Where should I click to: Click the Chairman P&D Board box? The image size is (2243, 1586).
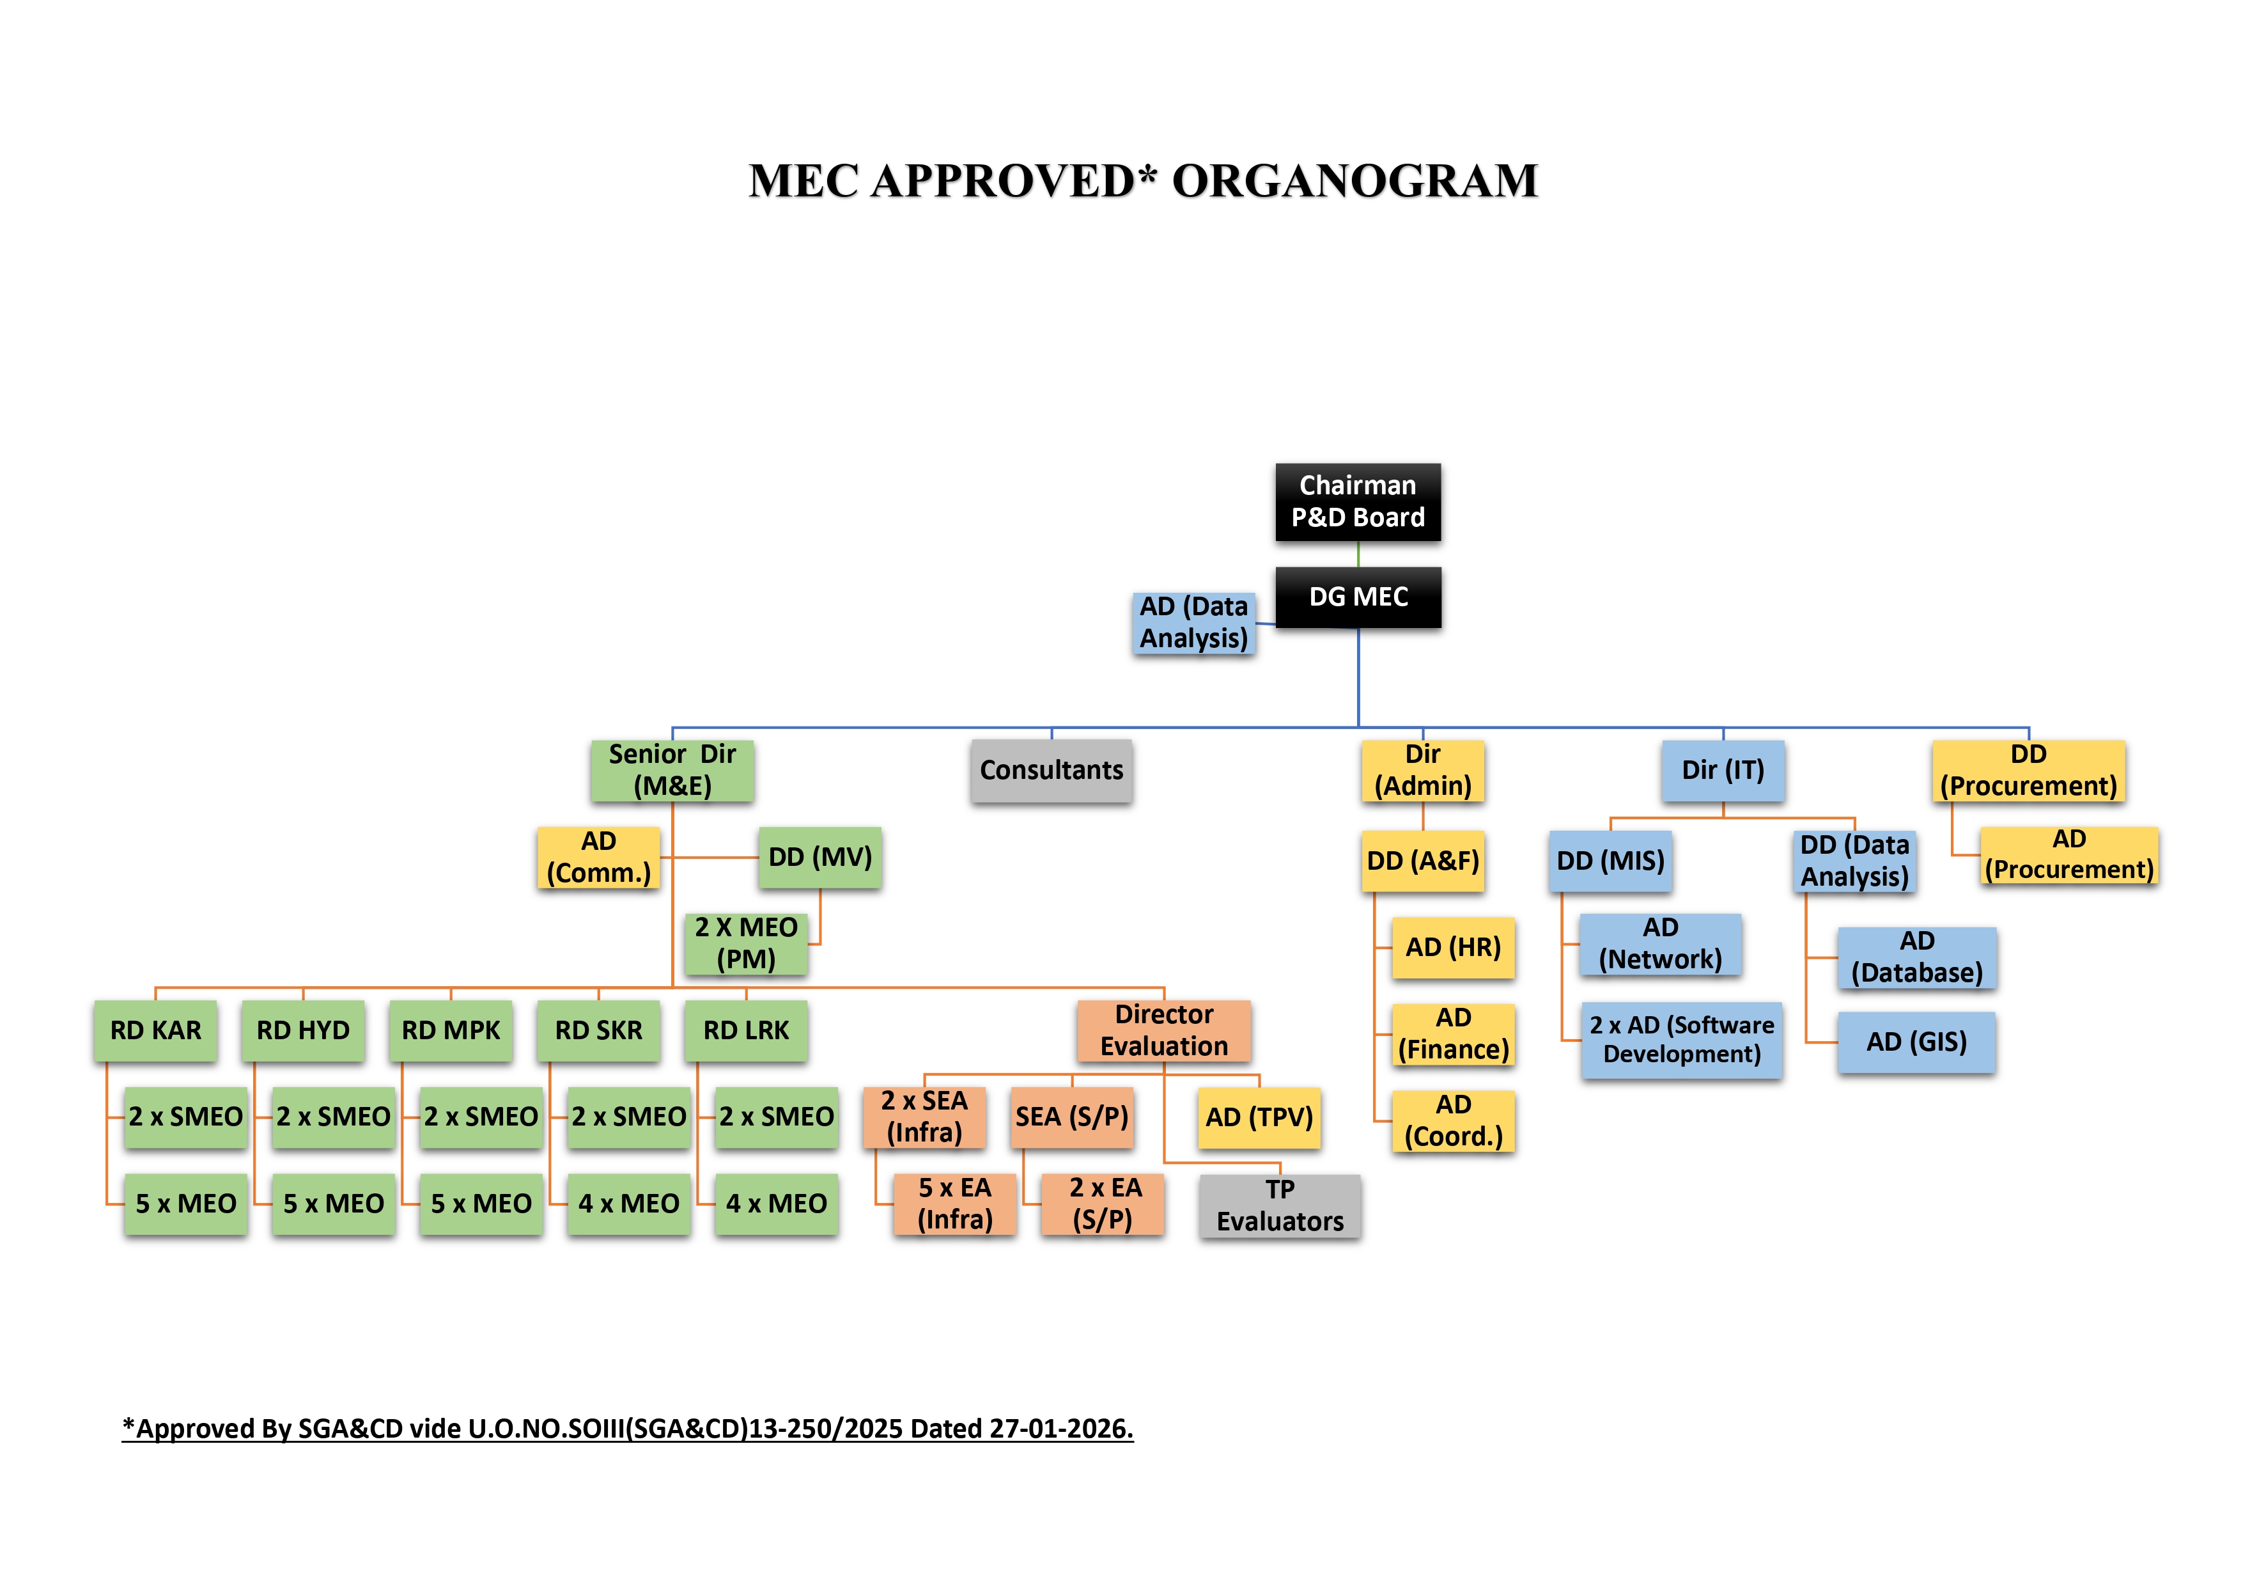click(1357, 501)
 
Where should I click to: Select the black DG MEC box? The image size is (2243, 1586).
click(1357, 597)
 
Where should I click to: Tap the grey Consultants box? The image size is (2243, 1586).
click(1051, 770)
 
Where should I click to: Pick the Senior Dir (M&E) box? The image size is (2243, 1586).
click(672, 770)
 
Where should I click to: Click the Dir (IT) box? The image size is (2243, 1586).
click(1722, 770)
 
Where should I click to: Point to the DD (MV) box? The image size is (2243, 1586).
click(819, 857)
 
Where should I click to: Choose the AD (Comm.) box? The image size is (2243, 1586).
click(598, 857)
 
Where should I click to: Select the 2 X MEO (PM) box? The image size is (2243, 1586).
click(745, 943)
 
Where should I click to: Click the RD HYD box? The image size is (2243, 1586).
click(303, 1030)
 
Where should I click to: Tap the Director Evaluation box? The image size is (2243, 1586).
click(1163, 1030)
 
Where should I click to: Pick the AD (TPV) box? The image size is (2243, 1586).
click(1258, 1117)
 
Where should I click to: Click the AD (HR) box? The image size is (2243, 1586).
click(1453, 947)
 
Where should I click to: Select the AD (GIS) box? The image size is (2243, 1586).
click(1916, 1042)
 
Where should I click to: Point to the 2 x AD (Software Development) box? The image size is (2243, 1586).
click(1681, 1040)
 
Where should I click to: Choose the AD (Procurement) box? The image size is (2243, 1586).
click(2068, 855)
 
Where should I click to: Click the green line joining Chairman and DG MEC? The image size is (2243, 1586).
click(1358, 554)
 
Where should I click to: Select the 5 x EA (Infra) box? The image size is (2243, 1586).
click(954, 1204)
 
